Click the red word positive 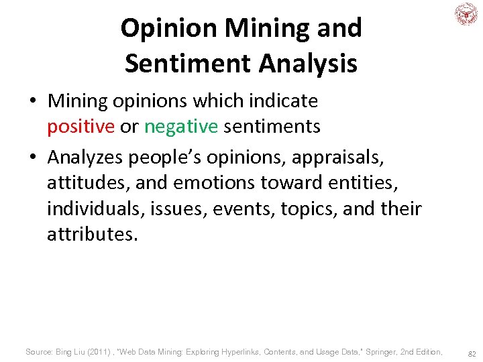pyautogui.click(x=80, y=127)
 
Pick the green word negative pyautogui.click(x=181, y=127)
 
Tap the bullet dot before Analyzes pyautogui.click(x=33, y=157)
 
